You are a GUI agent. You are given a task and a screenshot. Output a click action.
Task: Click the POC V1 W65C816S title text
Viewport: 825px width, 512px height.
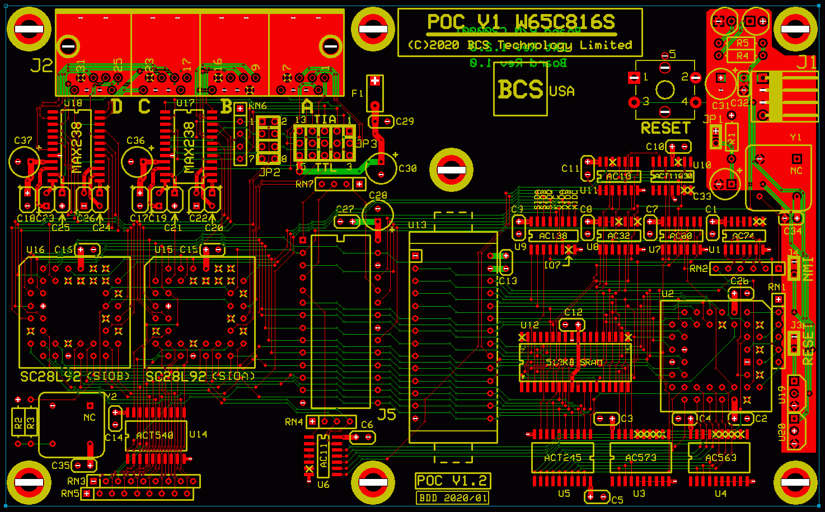[521, 22]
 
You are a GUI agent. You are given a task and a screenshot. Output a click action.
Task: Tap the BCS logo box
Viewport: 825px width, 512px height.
[521, 90]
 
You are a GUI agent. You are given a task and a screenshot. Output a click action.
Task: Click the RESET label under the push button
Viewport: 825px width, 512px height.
[665, 128]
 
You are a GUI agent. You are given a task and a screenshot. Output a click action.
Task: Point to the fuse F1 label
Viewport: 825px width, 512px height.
[357, 93]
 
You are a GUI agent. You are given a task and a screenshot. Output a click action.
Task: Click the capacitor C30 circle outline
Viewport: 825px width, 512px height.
[382, 167]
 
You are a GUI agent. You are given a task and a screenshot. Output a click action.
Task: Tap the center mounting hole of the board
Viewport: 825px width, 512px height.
[451, 170]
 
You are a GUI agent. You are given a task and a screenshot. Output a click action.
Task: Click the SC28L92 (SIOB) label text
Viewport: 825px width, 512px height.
[75, 377]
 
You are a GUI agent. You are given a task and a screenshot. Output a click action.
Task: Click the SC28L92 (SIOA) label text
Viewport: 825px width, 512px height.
[200, 377]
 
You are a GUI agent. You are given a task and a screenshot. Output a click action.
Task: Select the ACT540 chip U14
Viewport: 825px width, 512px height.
[155, 435]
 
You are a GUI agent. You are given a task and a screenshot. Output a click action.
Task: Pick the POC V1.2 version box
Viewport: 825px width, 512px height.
[452, 481]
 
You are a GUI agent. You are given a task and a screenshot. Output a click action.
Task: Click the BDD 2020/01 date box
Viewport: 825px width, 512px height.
[452, 497]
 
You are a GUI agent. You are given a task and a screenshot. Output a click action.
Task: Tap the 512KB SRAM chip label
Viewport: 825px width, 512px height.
[574, 363]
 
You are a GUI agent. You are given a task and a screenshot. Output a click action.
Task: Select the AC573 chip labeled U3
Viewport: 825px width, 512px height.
[640, 458]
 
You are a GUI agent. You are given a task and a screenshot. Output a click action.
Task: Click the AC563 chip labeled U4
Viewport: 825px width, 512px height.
[720, 458]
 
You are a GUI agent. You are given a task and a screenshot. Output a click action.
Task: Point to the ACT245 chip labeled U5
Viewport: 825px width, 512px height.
[562, 458]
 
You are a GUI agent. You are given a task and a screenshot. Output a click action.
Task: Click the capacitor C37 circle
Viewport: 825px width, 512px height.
[24, 162]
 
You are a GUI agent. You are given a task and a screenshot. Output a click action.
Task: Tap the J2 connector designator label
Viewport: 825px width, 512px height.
[41, 66]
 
